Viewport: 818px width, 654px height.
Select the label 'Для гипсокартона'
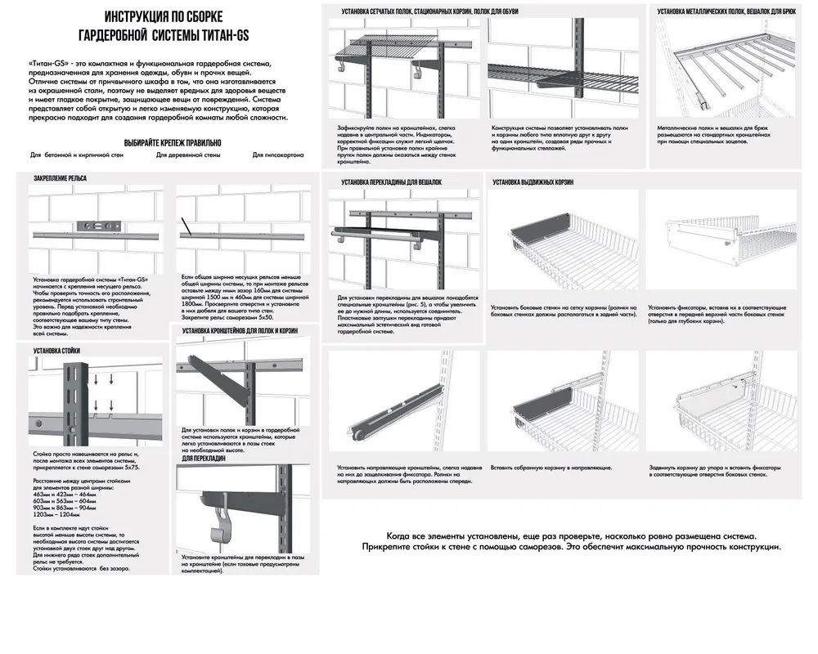[278, 154]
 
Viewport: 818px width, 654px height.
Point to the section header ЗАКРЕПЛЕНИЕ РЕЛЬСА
[60, 177]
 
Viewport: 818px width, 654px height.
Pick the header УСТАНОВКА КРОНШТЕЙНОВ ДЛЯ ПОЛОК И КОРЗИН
[240, 330]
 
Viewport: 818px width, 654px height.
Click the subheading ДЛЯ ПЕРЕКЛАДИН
[204, 459]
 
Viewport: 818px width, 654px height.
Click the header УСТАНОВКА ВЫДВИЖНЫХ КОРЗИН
[537, 181]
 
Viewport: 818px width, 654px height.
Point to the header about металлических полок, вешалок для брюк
[726, 11]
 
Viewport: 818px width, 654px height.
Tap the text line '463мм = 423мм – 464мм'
[60, 495]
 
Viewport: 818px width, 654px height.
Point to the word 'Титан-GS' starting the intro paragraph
[46, 63]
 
